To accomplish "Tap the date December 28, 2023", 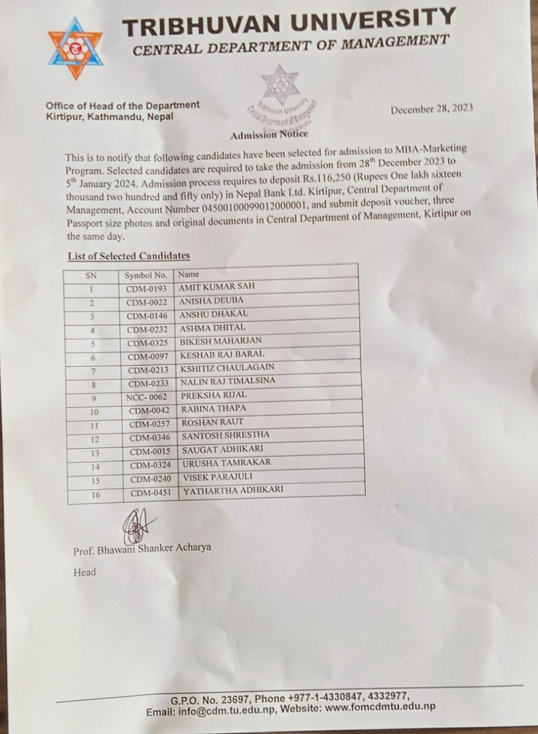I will [431, 109].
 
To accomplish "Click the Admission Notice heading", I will [269, 135].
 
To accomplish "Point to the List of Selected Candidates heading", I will [128, 257].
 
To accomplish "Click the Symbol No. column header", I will [146, 274].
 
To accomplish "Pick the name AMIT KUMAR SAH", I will [217, 286].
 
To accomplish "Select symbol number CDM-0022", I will [147, 302].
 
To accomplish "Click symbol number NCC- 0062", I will [148, 396].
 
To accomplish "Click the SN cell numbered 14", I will [96, 466].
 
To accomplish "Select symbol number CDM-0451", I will [151, 493].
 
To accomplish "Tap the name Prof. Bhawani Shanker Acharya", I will [142, 548].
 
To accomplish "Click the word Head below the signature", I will [84, 572].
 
